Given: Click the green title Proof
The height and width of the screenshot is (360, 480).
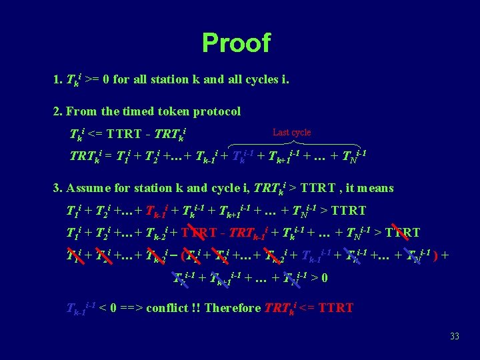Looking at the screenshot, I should (x=236, y=43).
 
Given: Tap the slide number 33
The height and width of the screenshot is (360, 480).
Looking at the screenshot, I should (x=454, y=337).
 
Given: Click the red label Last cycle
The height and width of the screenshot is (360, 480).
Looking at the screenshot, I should (x=291, y=133).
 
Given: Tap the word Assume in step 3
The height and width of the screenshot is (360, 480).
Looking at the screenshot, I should (x=89, y=188).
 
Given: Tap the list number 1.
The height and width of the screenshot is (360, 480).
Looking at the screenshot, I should (x=56, y=79).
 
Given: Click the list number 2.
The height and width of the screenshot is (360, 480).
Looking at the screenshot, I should (x=56, y=111).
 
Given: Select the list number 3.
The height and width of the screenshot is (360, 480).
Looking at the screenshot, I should (x=56, y=188).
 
